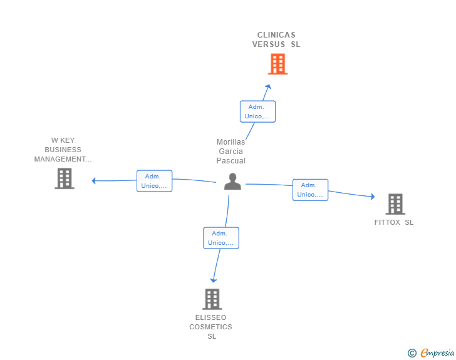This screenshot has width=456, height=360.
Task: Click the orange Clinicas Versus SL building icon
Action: point(277,64)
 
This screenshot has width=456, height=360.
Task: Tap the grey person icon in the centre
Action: point(232,182)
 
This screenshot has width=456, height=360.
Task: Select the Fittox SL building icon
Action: point(395,204)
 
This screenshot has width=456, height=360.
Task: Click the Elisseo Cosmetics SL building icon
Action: point(212,299)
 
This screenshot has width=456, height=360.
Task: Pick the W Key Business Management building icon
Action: point(65,178)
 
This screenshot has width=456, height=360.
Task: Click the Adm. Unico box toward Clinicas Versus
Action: point(257,111)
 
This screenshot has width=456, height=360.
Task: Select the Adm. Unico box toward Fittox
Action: point(310,190)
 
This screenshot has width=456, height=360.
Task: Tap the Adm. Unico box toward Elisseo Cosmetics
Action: point(221,238)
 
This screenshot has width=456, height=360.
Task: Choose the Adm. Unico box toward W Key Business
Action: point(155,181)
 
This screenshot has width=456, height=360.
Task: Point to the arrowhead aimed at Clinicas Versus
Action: point(269,86)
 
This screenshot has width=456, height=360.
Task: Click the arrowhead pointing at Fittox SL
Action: point(373,197)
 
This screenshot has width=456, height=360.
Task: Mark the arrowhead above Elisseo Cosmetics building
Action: point(214,280)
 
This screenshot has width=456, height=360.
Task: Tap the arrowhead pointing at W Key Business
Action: point(94,181)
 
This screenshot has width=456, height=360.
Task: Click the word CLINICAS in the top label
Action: point(276,35)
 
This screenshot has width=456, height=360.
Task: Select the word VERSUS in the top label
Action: point(269,44)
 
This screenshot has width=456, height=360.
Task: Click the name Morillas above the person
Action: point(231,142)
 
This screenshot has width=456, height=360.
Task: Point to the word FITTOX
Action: point(387,222)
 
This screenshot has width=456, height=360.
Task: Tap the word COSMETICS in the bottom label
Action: point(211,327)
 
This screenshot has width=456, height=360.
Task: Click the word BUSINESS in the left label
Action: point(63,150)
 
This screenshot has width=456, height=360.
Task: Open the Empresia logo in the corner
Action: point(431,352)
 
